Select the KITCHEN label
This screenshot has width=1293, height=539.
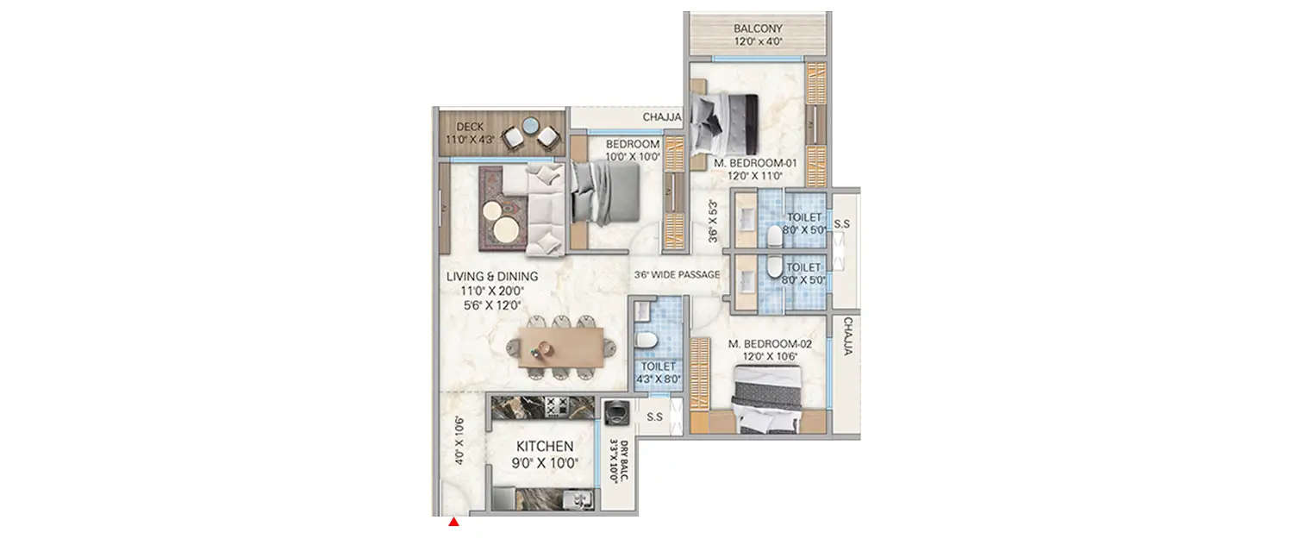tap(545, 447)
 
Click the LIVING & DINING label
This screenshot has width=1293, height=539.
tap(492, 277)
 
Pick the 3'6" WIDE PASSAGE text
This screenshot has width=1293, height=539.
tap(677, 275)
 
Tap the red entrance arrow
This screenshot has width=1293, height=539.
tap(453, 521)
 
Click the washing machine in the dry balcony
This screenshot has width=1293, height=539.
tap(615, 412)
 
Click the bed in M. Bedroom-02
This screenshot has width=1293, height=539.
tap(766, 398)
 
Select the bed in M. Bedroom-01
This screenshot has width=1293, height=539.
tap(725, 122)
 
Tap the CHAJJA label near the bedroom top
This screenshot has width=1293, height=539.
tap(663, 117)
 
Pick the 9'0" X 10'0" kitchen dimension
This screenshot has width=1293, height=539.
tap(545, 464)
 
